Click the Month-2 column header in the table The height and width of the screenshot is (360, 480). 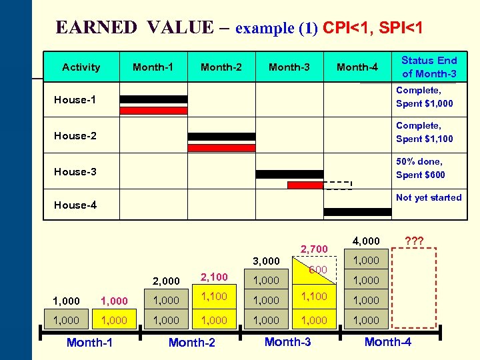(221, 67)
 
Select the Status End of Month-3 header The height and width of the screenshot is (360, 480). (429, 67)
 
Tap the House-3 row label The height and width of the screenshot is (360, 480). (75, 171)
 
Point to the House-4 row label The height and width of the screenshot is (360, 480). (75, 205)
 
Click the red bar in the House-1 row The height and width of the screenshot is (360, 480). (153, 111)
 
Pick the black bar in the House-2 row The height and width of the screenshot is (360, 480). (221, 136)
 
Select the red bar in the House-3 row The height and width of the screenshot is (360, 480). (305, 185)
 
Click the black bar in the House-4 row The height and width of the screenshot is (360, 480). (357, 212)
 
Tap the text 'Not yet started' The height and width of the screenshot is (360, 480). (428, 197)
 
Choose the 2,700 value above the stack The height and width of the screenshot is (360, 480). (314, 249)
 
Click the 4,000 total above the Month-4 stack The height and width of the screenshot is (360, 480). (366, 240)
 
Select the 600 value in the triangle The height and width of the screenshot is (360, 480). (318, 269)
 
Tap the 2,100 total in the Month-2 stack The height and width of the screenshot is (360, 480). (214, 277)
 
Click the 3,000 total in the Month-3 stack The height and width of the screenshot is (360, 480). (266, 261)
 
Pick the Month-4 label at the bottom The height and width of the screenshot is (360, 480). (387, 342)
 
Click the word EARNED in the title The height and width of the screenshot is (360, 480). (97, 27)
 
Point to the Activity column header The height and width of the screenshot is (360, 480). (81, 67)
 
